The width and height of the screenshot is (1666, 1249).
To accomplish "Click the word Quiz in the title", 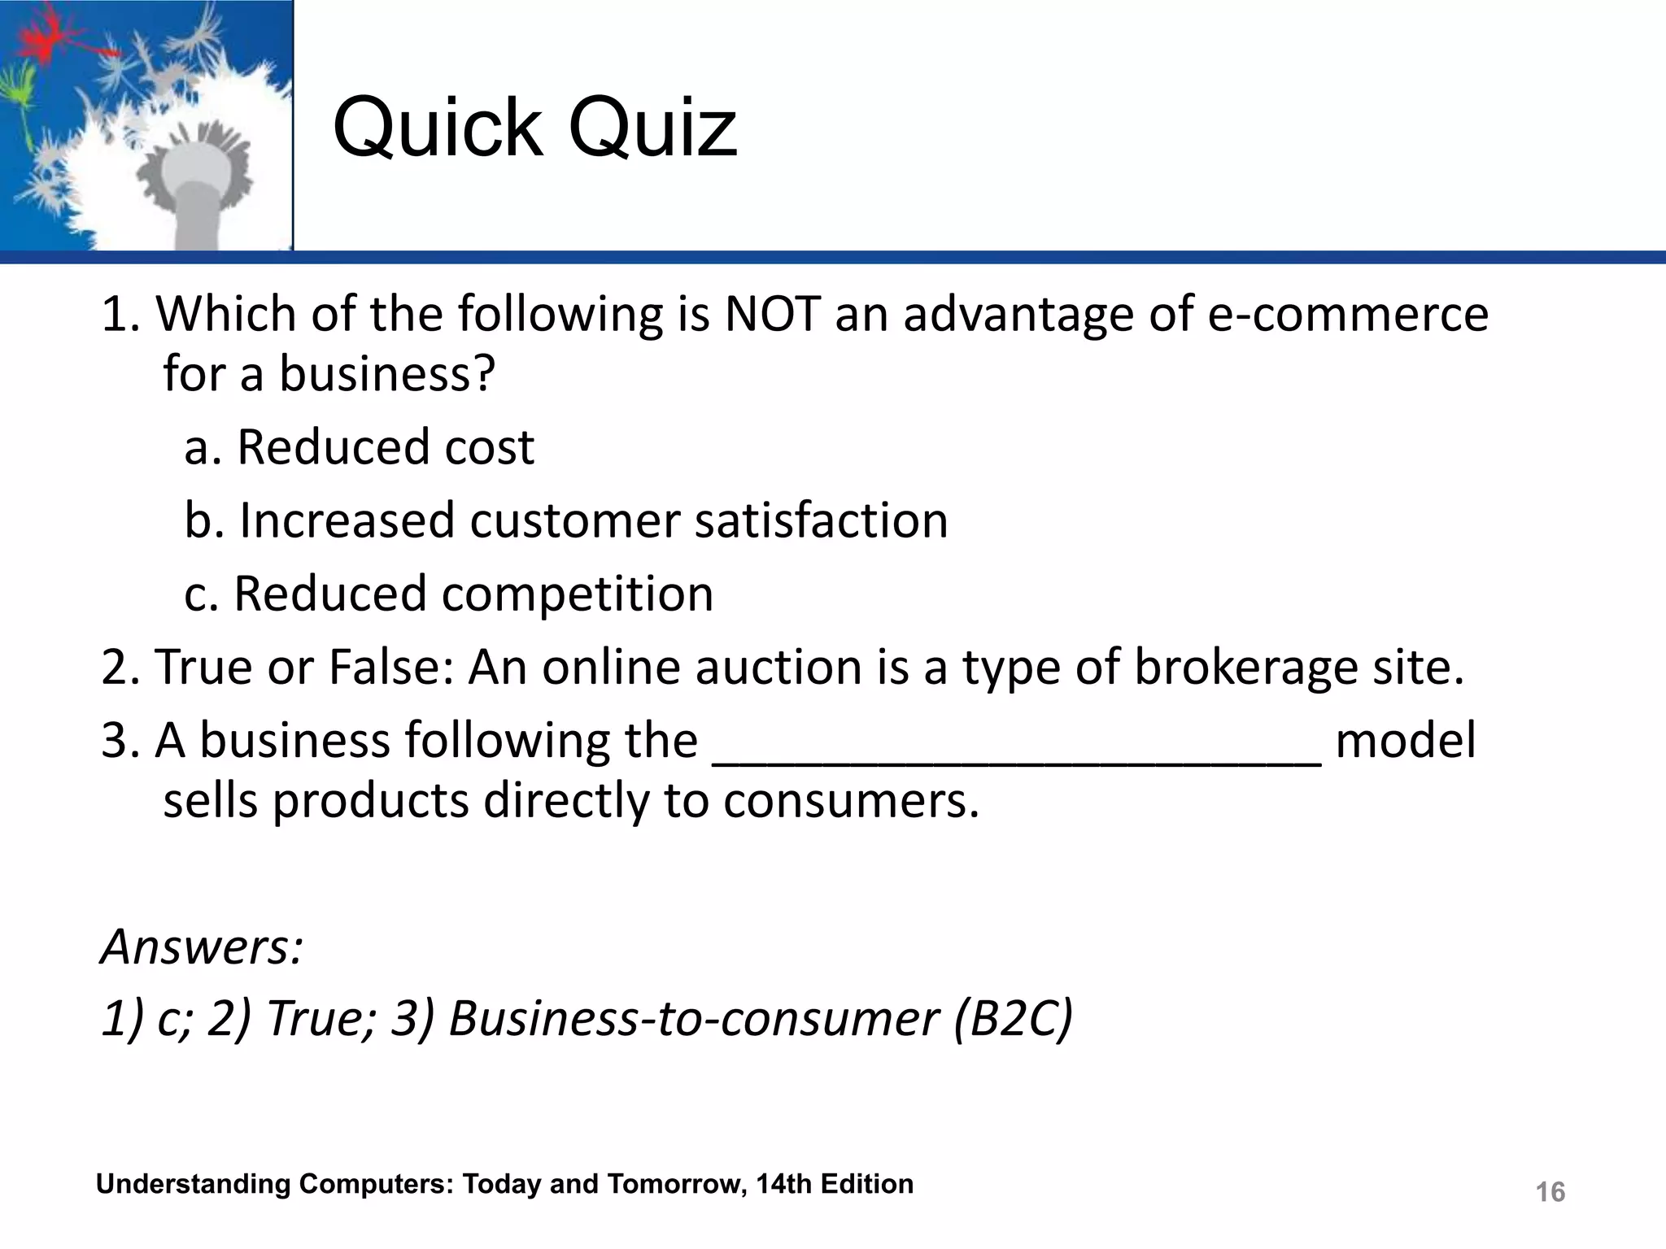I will point(652,128).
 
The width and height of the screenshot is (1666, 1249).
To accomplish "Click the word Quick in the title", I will point(438,128).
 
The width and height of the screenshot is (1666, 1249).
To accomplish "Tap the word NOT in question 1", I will point(771,314).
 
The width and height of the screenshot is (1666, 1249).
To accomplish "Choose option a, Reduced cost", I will point(360,447).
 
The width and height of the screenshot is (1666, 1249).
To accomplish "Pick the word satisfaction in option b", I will point(821,520).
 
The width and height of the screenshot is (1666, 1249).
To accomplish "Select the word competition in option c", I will point(578,594).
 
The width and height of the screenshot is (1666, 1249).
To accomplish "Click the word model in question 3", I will point(1405,741).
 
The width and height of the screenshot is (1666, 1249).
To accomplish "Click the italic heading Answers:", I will point(202,947).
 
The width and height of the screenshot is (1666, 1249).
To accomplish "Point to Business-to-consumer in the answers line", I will point(693,1018).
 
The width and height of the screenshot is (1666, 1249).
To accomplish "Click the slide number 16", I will point(1550,1192).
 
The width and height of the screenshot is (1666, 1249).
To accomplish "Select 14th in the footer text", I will point(783,1184).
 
